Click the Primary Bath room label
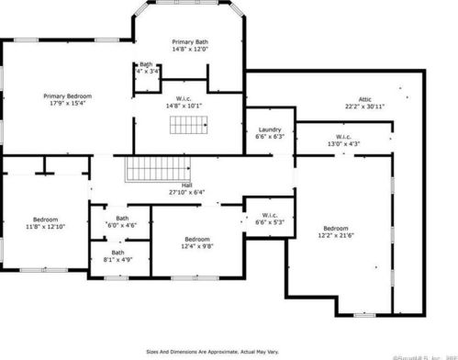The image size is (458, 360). click(190, 42)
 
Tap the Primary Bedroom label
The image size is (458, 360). click(67, 95)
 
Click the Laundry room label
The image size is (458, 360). click(269, 129)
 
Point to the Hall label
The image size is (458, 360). click(186, 185)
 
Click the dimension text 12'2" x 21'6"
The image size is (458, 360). click(335, 236)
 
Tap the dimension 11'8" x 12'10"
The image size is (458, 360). click(46, 227)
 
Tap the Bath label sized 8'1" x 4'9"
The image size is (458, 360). click(118, 253)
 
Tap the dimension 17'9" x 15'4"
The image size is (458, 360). click(67, 103)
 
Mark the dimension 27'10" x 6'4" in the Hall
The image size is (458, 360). click(186, 192)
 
